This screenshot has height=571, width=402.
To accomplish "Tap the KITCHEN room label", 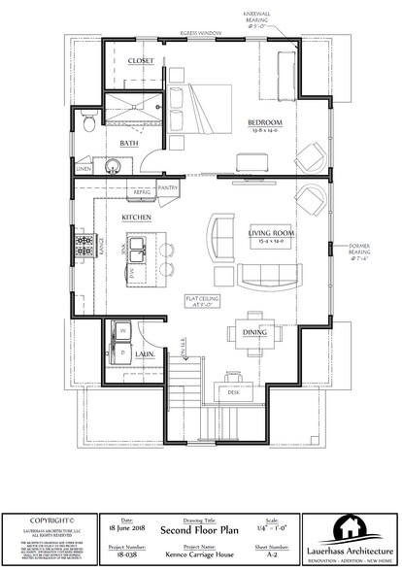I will point(134,219).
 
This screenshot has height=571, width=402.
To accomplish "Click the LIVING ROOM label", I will point(271,234).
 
